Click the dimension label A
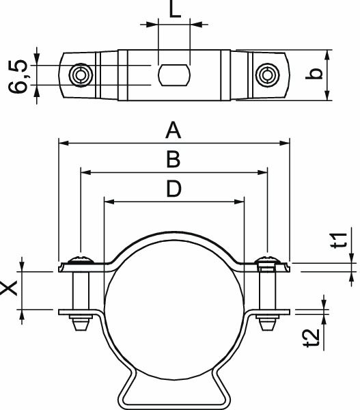tap(174, 129)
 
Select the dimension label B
tap(174, 159)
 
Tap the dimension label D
tap(174, 189)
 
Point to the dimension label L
tap(174, 11)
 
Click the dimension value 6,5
tap(21, 75)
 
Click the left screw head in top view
tap(81, 74)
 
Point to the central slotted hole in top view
tap(174, 74)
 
